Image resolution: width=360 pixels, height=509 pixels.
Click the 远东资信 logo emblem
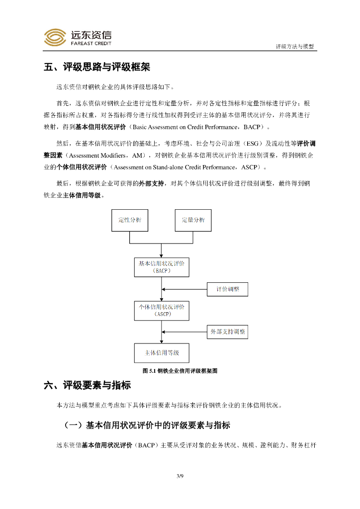click(55, 37)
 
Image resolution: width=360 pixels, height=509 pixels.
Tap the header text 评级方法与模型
click(295, 46)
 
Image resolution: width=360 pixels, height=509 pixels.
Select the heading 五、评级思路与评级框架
click(97, 67)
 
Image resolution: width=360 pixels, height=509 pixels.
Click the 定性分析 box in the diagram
click(129, 220)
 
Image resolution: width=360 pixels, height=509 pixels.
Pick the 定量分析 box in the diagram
click(193, 220)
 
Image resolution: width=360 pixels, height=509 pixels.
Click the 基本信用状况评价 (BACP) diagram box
click(161, 267)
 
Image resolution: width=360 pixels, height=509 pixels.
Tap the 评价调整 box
click(227, 289)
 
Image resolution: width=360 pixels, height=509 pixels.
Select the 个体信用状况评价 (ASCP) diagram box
click(161, 310)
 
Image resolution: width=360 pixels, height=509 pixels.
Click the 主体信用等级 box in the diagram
click(161, 353)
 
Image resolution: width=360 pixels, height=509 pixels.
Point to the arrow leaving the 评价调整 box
click(184, 289)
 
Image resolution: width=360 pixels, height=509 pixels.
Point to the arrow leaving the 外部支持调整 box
click(184, 332)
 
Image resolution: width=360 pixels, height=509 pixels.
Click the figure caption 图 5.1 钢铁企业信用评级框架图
click(180, 371)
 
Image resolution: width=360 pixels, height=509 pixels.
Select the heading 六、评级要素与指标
click(88, 385)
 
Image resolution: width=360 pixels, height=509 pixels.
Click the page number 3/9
click(180, 477)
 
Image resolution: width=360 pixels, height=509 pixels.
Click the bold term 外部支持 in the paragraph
click(151, 183)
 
